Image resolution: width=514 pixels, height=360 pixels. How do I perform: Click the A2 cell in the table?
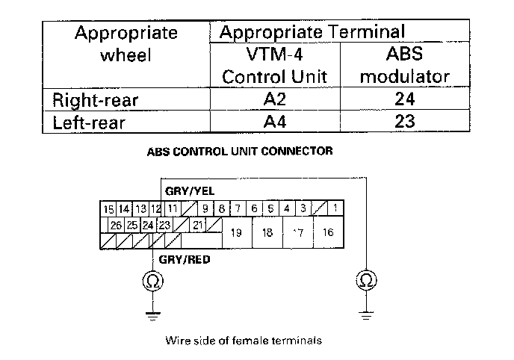(x=275, y=99)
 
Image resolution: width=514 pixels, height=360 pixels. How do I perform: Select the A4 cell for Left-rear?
(x=275, y=121)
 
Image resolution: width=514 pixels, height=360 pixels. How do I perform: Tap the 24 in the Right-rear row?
(x=404, y=99)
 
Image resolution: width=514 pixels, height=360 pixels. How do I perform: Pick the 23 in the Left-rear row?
(x=404, y=121)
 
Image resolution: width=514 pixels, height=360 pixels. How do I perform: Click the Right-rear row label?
(x=95, y=99)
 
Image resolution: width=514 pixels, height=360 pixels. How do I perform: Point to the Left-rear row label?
(x=87, y=121)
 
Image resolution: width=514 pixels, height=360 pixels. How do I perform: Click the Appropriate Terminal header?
(x=313, y=32)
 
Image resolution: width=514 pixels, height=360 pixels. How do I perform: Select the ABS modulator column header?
(x=404, y=66)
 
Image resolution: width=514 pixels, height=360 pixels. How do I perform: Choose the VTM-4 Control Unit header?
(x=276, y=66)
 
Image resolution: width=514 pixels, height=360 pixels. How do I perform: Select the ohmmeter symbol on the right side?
(x=365, y=281)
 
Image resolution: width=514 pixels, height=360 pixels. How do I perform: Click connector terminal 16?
(x=327, y=232)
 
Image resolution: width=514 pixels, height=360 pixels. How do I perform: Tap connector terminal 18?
(x=267, y=232)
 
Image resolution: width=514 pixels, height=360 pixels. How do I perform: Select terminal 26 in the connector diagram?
(x=116, y=224)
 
